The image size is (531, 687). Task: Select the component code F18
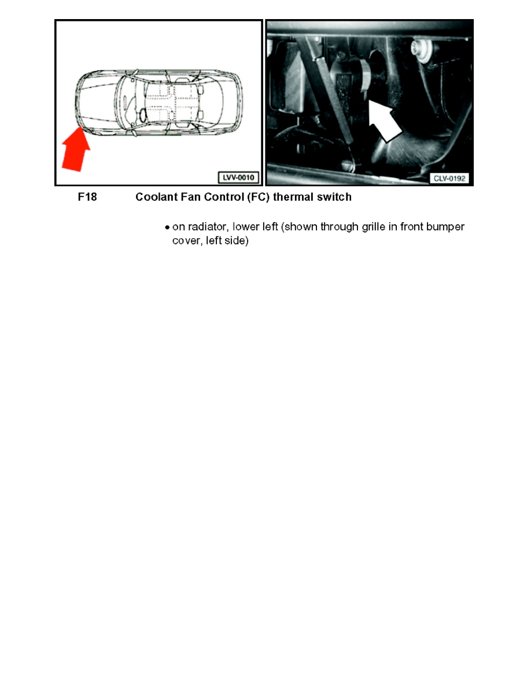[x=87, y=197]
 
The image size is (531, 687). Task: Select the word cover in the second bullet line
[x=186, y=240]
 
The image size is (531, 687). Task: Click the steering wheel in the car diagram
[x=139, y=116]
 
